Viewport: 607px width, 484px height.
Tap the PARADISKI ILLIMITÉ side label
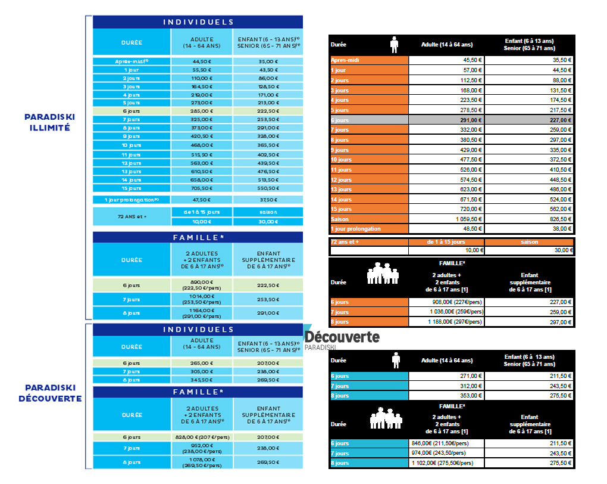click(x=49, y=122)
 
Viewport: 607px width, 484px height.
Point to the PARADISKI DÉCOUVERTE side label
click(x=49, y=393)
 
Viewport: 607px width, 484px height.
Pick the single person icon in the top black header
click(x=393, y=45)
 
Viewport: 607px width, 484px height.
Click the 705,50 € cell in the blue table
click(x=201, y=187)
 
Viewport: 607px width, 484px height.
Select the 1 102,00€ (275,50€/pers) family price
click(x=447, y=463)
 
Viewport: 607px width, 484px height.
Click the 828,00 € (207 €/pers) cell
click(x=201, y=437)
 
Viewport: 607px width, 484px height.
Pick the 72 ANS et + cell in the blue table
click(x=132, y=216)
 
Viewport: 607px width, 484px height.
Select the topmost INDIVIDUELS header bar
click(x=198, y=22)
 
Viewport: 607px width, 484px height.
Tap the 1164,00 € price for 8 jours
click(x=201, y=313)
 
